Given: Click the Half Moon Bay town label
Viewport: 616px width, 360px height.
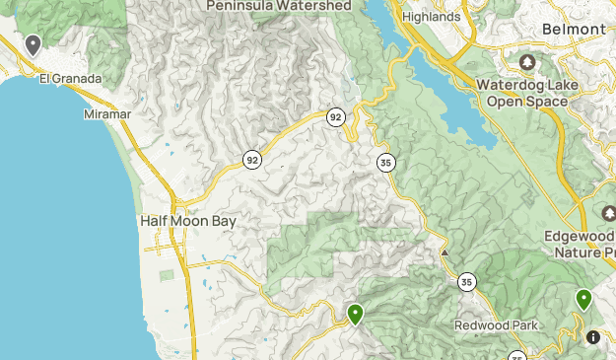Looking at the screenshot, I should click(188, 221).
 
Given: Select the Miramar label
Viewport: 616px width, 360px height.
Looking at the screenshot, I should click(106, 113).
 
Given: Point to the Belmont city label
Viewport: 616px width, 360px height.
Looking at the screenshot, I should click(574, 30).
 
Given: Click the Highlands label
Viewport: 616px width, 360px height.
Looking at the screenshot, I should click(431, 17).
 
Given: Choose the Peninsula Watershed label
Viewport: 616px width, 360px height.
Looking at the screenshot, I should click(279, 6).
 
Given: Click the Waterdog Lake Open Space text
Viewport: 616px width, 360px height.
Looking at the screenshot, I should click(525, 93).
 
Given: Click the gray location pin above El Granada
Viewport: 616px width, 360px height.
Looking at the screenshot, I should click(33, 43).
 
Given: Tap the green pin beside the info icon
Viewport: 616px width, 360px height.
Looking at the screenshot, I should click(583, 298).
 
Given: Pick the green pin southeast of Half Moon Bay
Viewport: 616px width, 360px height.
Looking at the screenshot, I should click(355, 314).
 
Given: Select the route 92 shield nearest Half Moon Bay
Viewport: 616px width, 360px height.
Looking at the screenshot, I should click(253, 159).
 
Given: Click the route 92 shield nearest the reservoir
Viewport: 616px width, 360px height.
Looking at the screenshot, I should click(336, 117).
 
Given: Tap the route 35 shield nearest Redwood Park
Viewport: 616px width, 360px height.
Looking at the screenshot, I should click(466, 283).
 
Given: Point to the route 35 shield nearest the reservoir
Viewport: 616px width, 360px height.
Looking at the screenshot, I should click(383, 162).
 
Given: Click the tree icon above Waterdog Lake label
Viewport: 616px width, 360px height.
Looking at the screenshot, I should click(526, 63).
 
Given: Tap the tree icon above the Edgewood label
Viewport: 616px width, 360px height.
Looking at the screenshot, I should click(608, 214).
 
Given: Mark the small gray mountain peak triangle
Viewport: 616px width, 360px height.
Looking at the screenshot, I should click(445, 252).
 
